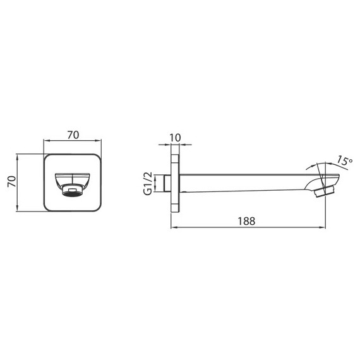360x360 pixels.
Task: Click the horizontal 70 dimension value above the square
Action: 73,134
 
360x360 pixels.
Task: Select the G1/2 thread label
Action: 148,183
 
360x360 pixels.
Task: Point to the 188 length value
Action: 247,221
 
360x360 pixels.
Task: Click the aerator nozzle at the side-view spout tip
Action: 327,188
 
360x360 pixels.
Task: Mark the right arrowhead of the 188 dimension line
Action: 323,227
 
